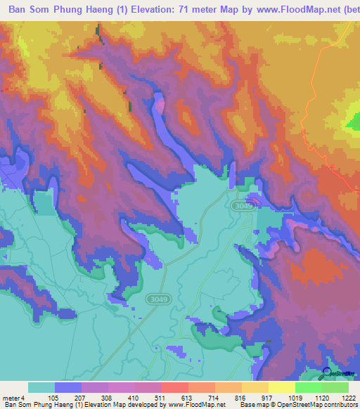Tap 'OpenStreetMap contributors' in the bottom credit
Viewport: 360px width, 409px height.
click(309, 405)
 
